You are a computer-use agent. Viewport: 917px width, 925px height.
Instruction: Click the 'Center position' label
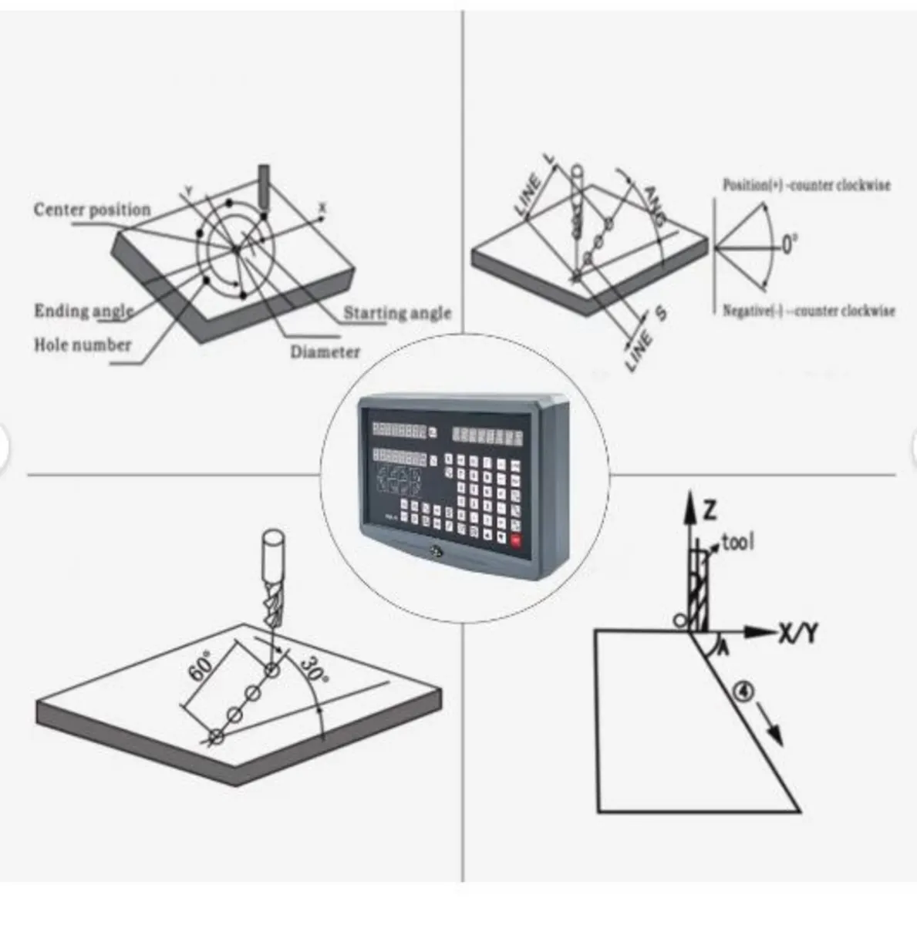click(92, 210)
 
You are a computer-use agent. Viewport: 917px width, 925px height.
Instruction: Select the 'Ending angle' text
click(83, 311)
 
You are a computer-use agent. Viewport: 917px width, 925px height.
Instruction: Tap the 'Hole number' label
click(82, 345)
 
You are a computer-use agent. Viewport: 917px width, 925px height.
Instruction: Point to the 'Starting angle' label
click(396, 313)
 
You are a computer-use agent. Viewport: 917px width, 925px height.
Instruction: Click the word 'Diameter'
click(325, 352)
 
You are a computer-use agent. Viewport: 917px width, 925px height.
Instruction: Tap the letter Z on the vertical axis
click(710, 509)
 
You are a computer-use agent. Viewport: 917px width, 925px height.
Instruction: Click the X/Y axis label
click(797, 633)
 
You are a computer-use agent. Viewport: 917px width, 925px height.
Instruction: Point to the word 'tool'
click(737, 542)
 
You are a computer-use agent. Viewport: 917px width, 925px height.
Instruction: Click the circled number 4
click(743, 691)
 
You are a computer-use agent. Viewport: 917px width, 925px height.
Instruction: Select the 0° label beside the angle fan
click(789, 246)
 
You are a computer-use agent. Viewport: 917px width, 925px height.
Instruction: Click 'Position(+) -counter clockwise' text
click(806, 185)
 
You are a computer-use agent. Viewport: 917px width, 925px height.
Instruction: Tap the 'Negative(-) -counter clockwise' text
click(808, 311)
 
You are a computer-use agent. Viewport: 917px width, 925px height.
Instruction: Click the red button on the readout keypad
click(515, 540)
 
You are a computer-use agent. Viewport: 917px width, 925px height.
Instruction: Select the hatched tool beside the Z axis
click(700, 590)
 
